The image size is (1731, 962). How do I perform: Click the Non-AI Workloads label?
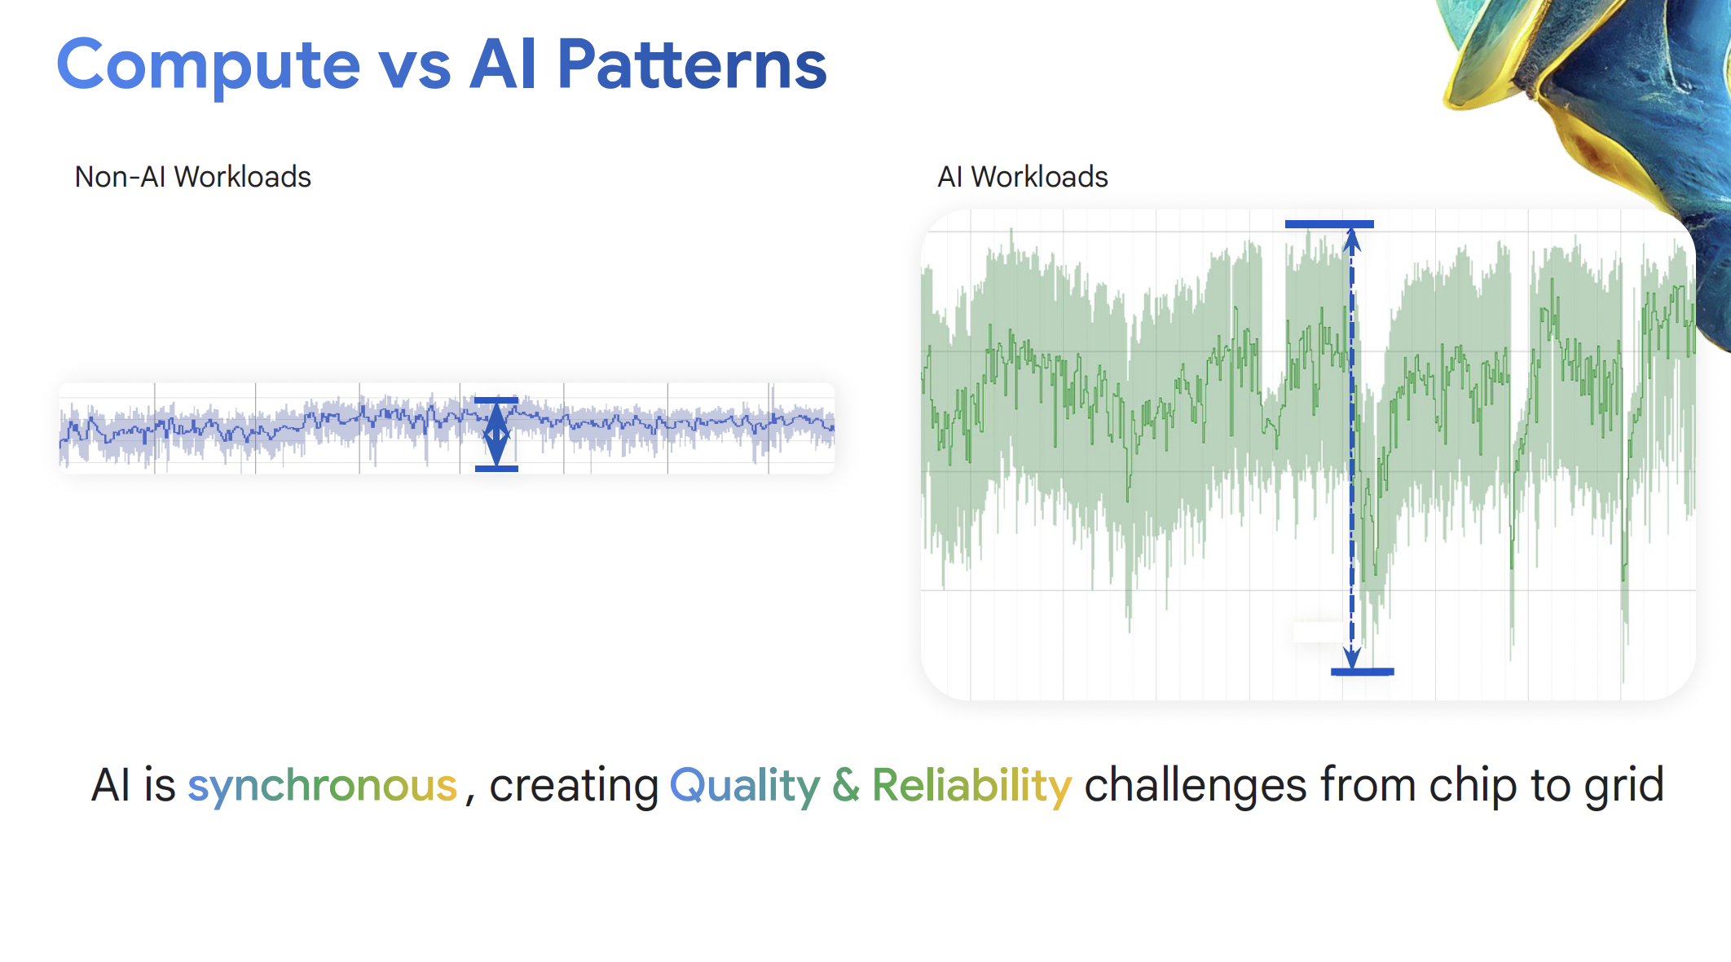point(192,177)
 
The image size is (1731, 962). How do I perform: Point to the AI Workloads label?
point(1023,177)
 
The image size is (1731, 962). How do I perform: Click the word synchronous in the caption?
point(323,787)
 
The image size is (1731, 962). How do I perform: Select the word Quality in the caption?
point(744,787)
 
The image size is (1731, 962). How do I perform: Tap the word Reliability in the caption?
point(971,787)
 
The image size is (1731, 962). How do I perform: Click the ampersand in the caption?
point(846,785)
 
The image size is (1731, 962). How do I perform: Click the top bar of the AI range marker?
point(1329,224)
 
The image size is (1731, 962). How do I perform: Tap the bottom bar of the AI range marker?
point(1362,672)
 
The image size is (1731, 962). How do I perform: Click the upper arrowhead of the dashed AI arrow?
point(1352,240)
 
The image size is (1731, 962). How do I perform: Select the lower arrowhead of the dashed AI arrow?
point(1352,658)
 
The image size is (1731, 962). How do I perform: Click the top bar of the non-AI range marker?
point(496,400)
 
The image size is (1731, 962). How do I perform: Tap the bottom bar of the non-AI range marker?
point(496,469)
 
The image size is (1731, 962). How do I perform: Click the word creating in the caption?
point(574,787)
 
